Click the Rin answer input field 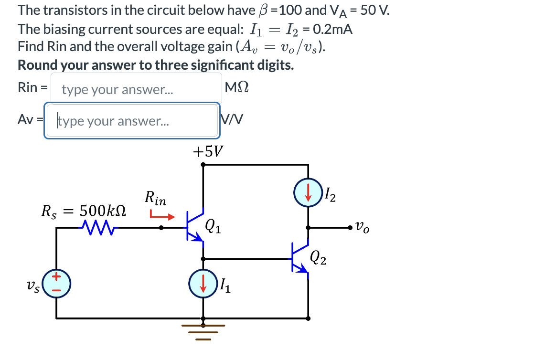pos(136,89)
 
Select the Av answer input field pos(132,121)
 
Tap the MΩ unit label pos(236,88)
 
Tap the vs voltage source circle pos(57,283)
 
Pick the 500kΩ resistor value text pos(102,211)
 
